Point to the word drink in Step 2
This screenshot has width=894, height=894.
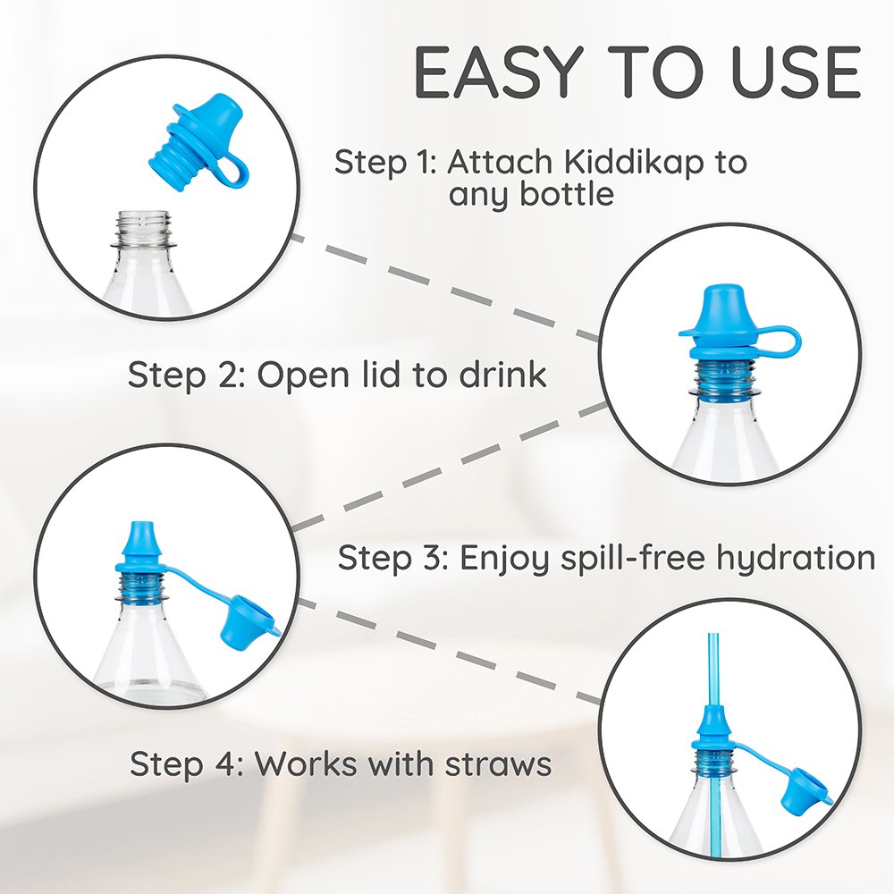coord(502,375)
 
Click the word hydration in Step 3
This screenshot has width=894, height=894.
coord(796,558)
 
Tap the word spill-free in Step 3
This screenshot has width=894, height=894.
coord(633,558)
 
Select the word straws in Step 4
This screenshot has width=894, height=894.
coord(498,764)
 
